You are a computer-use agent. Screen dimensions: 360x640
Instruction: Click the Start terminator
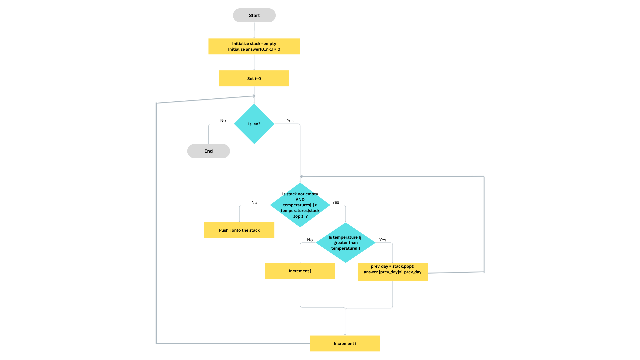(254, 15)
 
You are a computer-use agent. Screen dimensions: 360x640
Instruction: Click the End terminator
(208, 151)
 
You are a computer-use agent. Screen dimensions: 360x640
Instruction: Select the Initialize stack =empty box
(254, 46)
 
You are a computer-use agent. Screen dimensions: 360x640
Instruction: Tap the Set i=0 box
(254, 78)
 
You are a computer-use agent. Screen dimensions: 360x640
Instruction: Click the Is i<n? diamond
(254, 124)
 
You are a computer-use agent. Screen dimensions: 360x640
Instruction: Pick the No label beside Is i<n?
(223, 121)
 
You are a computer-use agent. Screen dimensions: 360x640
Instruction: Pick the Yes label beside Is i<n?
(290, 121)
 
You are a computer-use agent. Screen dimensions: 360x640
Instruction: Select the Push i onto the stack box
(239, 230)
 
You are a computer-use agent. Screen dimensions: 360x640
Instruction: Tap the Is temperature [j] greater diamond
(345, 243)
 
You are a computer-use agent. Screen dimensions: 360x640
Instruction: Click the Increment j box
(300, 271)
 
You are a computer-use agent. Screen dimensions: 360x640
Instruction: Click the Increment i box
(345, 343)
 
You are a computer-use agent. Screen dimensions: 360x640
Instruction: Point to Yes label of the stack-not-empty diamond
(335, 202)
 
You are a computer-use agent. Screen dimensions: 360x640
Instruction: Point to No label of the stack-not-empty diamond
(254, 203)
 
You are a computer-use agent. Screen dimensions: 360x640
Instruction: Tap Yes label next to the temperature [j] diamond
(382, 240)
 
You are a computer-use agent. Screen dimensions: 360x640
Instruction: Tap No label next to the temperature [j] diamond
(310, 240)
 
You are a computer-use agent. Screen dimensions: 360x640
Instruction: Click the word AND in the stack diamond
(300, 200)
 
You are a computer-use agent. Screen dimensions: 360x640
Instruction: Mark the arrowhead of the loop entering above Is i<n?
(254, 96)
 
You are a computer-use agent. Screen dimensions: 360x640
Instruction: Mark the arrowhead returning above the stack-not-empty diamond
(301, 177)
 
